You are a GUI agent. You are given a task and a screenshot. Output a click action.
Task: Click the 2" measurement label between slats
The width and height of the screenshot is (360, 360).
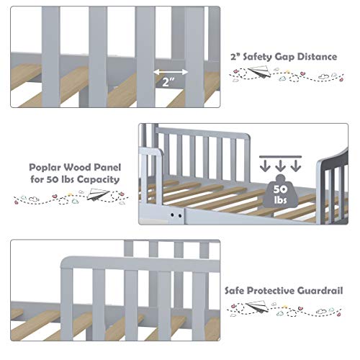click(x=171, y=84)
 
